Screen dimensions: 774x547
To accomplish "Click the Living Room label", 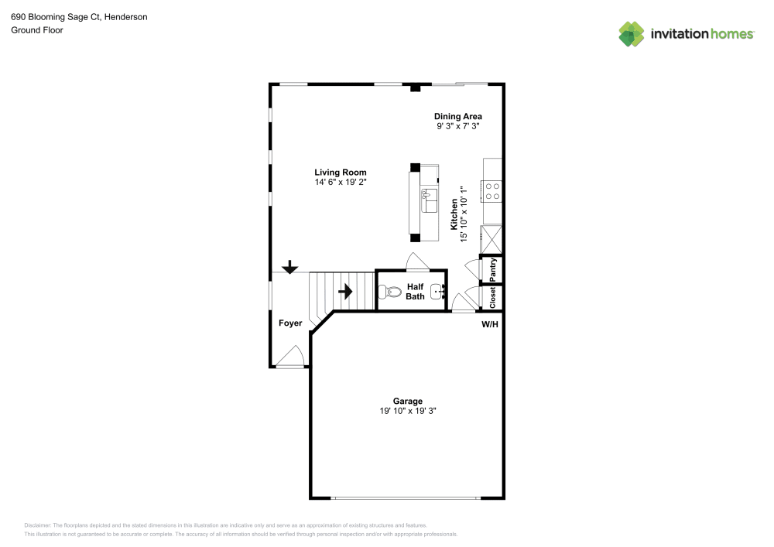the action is click(x=340, y=172).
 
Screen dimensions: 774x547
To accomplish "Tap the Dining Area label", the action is click(x=458, y=116).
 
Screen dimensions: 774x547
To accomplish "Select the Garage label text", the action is click(x=408, y=401).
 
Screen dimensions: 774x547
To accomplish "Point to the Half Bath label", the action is click(x=415, y=292).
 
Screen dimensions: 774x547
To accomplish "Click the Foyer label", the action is click(x=290, y=323).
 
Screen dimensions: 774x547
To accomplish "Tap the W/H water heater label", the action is click(x=490, y=324).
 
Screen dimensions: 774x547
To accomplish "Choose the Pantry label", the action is click(x=492, y=270).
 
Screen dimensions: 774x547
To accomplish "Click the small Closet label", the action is click(x=492, y=297).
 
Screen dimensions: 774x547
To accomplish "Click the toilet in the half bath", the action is click(x=390, y=292).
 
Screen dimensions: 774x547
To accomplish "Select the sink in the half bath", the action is click(x=438, y=292).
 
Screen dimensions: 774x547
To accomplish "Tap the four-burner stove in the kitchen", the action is click(x=491, y=191).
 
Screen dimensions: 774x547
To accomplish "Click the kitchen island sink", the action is click(x=429, y=200).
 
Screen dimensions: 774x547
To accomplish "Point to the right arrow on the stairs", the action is click(x=345, y=292).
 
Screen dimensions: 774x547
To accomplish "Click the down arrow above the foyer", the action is click(x=289, y=267).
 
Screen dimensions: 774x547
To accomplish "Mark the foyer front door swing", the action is click(x=289, y=356).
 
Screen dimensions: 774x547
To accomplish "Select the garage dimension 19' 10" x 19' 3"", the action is click(x=408, y=411).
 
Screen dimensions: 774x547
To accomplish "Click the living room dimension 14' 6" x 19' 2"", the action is click(x=341, y=182).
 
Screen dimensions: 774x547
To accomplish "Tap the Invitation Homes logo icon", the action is click(x=632, y=34).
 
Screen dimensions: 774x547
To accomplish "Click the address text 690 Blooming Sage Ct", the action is click(x=56, y=17).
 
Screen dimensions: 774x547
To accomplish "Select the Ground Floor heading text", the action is click(x=37, y=30).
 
